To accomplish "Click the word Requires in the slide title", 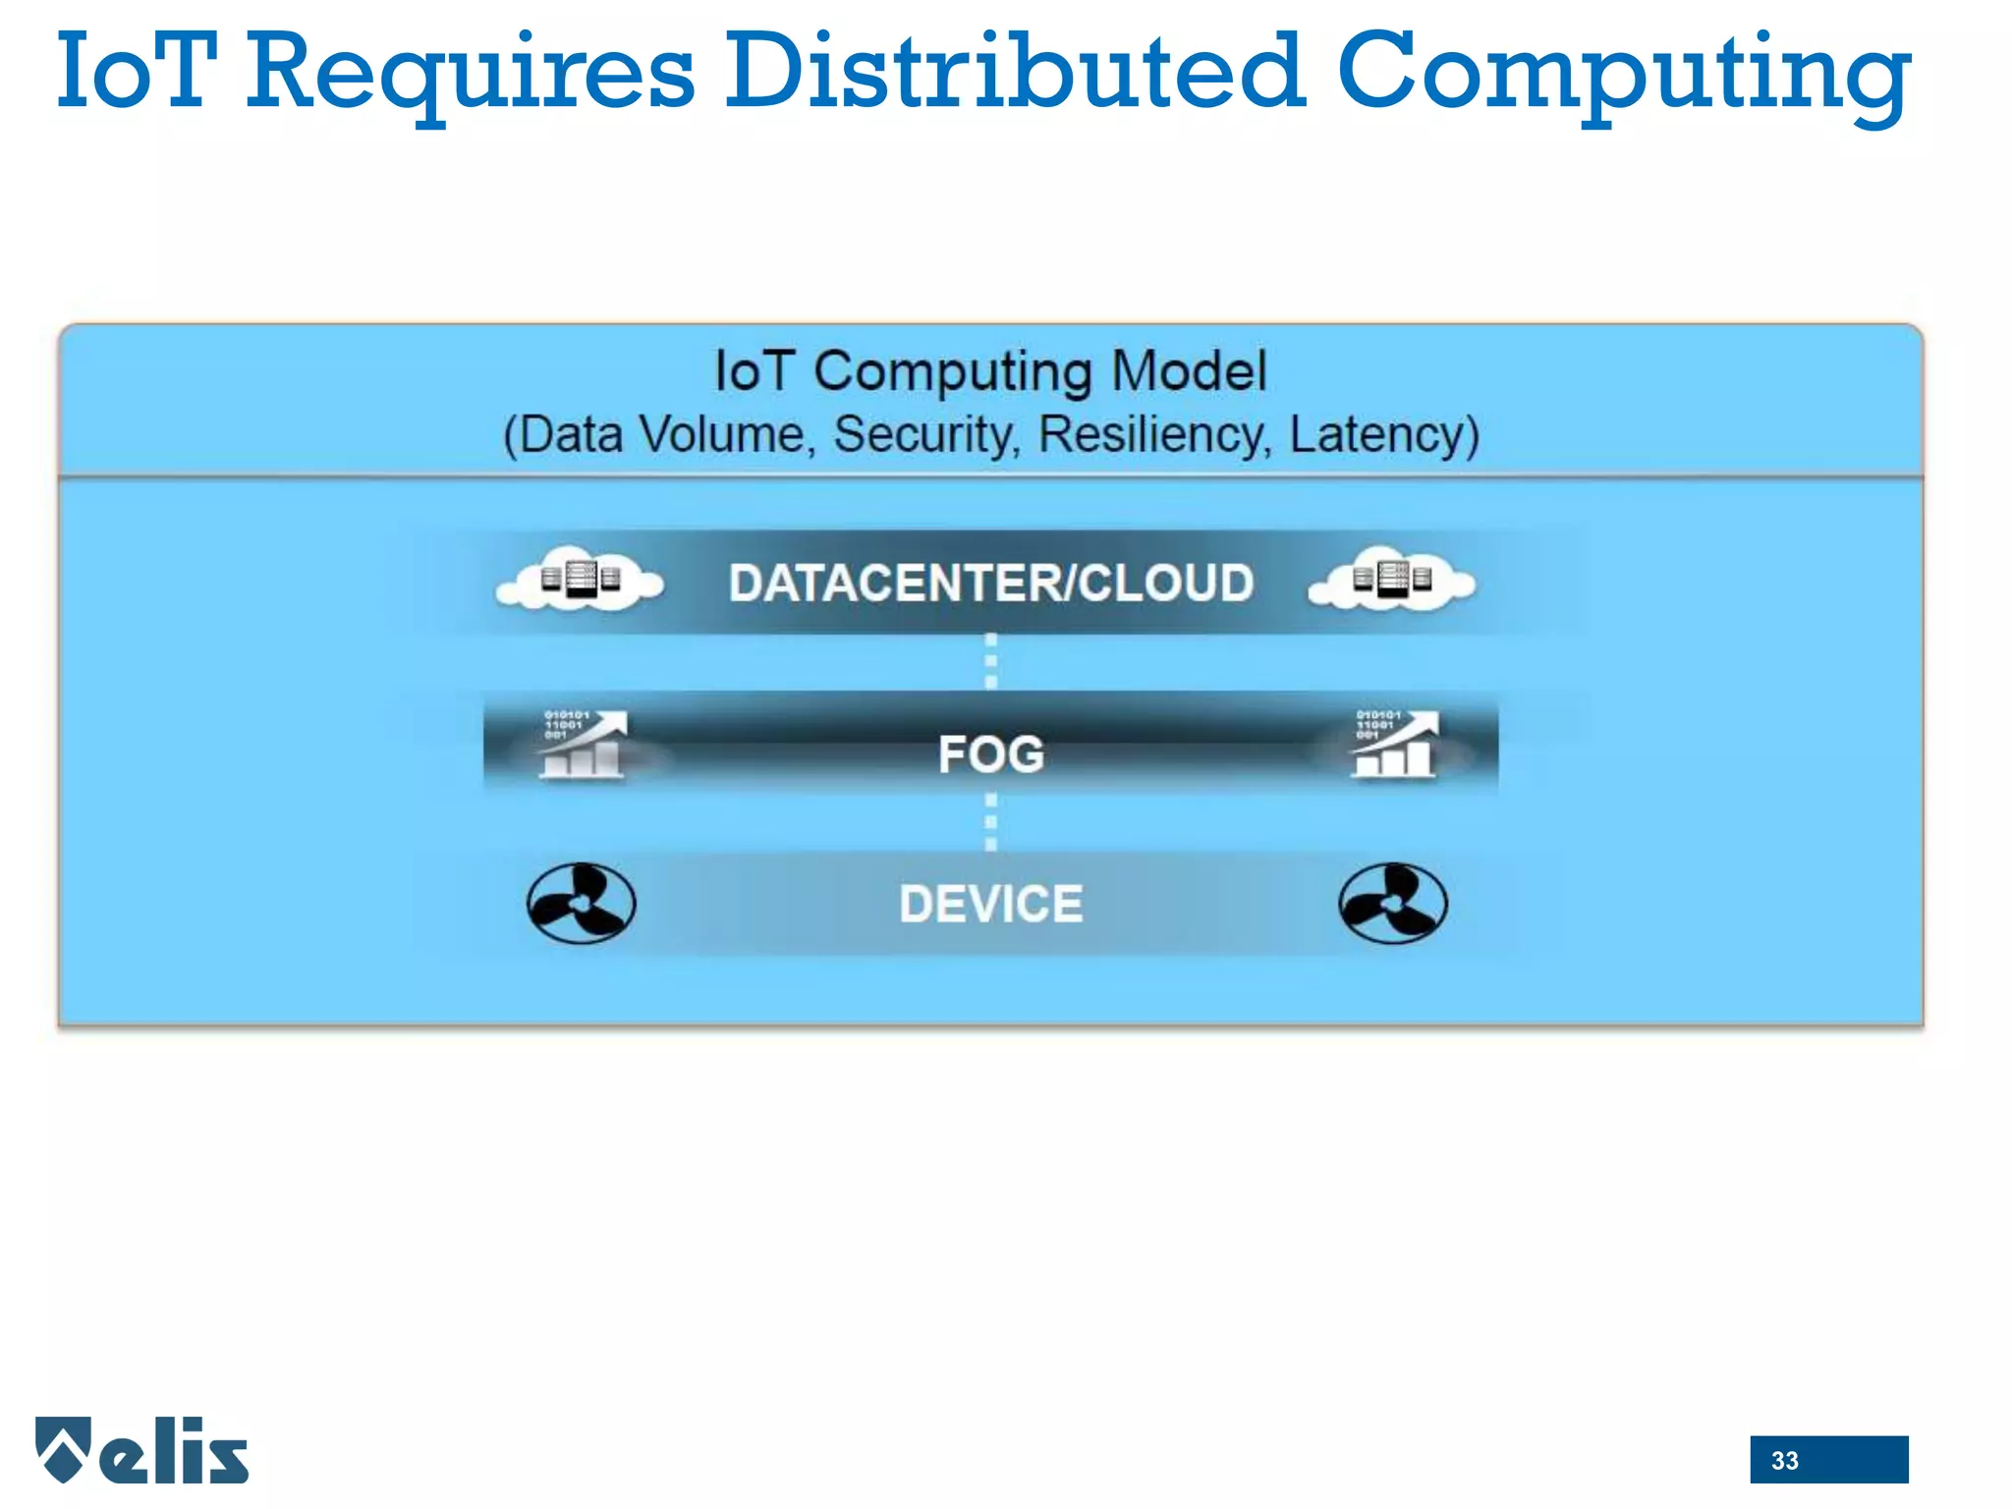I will pos(470,74).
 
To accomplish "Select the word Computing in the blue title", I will pos(1623,74).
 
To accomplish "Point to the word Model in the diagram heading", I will pos(1189,371).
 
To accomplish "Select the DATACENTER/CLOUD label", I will pos(990,583).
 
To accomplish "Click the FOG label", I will pos(990,754).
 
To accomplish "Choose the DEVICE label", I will pos(990,904).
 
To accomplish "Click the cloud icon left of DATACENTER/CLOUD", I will pos(581,580).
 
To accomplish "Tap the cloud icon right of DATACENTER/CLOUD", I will pos(1392,580).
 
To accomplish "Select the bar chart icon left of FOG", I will pos(584,745).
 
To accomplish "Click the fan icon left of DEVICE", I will pos(581,904).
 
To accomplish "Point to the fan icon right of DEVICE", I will pos(1392,904).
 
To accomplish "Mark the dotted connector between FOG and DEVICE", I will pos(990,822).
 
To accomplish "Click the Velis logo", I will pos(142,1450).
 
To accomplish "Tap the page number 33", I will pos(1784,1461).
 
